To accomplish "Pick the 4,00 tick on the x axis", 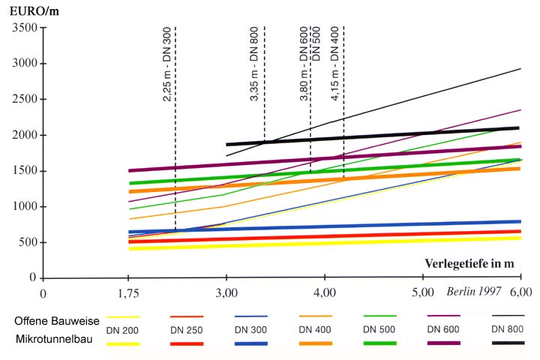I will coord(324,292).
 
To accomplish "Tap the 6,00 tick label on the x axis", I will coord(520,292).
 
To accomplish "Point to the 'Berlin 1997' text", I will coord(477,291).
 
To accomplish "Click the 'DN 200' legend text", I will coord(123,329).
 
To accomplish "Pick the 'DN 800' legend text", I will coord(507,329).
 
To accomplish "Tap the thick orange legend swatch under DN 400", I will coord(316,343).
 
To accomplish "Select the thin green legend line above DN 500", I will coord(379,316).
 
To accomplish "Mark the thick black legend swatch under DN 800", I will coord(507,343).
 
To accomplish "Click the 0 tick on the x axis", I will coord(43,292).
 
